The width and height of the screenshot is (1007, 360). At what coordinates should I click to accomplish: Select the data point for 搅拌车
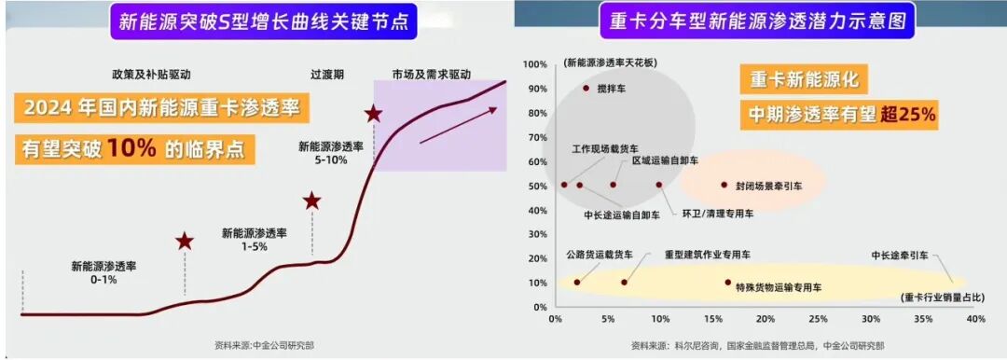coord(586,88)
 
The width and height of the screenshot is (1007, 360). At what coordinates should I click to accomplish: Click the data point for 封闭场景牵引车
coord(724,185)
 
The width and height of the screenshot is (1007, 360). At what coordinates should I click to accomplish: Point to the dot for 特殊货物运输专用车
coord(727,282)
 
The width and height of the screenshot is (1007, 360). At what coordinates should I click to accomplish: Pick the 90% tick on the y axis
coord(536,88)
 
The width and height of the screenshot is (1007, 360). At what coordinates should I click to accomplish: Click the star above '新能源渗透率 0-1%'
coord(185,242)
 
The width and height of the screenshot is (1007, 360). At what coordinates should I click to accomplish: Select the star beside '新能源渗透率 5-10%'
coord(374,114)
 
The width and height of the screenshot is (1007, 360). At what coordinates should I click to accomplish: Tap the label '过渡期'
coord(328,73)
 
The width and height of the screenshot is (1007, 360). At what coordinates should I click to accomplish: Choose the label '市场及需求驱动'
coord(433,73)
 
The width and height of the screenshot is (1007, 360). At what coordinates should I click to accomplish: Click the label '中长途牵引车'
coord(899,255)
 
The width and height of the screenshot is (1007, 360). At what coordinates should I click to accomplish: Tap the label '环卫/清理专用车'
coord(718,214)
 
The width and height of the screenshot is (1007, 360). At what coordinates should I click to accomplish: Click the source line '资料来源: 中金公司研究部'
coord(264,345)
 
